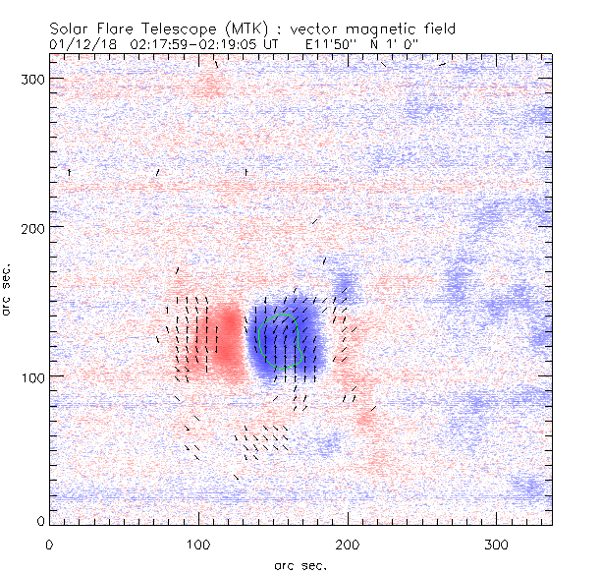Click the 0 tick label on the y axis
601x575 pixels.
pyautogui.click(x=39, y=520)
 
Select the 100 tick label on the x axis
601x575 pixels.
pyautogui.click(x=198, y=544)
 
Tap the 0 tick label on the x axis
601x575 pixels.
pyautogui.click(x=49, y=544)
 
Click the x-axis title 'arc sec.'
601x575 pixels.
pyautogui.click(x=300, y=564)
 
